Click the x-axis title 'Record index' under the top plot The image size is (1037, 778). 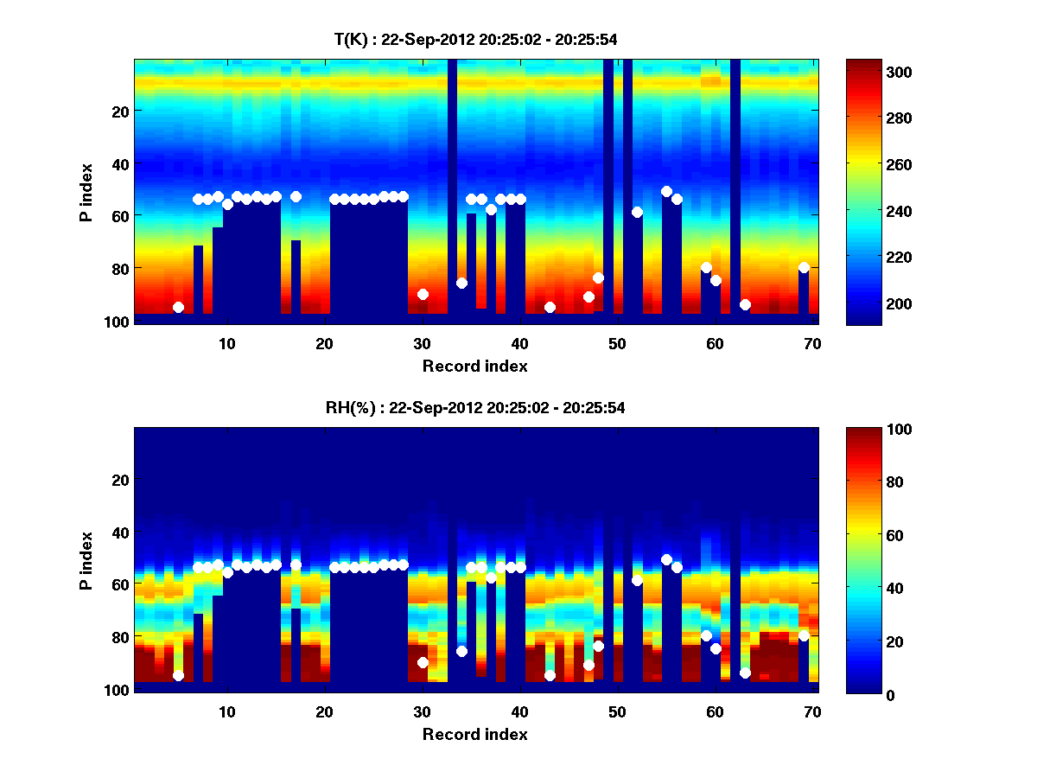click(475, 366)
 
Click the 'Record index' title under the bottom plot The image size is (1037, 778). click(475, 734)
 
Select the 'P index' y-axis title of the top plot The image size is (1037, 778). click(86, 192)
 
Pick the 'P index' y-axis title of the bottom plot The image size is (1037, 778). click(86, 560)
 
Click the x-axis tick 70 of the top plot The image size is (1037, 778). click(811, 342)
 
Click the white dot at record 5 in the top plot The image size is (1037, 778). click(178, 307)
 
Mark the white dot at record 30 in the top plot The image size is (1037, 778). click(423, 294)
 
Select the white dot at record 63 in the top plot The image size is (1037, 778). click(745, 304)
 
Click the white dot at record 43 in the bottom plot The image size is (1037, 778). click(550, 675)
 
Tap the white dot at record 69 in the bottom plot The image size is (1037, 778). click(804, 635)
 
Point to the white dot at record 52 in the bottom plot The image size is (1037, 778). click(637, 580)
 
